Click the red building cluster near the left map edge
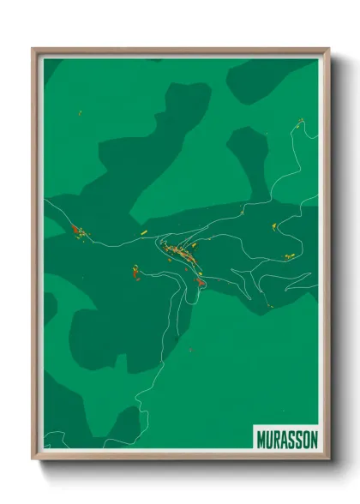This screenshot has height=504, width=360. click(77, 230)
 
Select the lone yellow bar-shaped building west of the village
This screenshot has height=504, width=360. click(145, 231)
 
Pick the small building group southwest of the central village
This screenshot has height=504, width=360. click(135, 273)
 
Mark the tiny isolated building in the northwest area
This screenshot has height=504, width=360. click(80, 112)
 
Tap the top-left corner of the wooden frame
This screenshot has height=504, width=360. click(33, 50)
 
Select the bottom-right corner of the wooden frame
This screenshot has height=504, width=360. click(328, 459)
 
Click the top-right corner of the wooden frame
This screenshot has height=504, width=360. click(328, 50)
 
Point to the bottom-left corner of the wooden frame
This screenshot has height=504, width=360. click(33, 459)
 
